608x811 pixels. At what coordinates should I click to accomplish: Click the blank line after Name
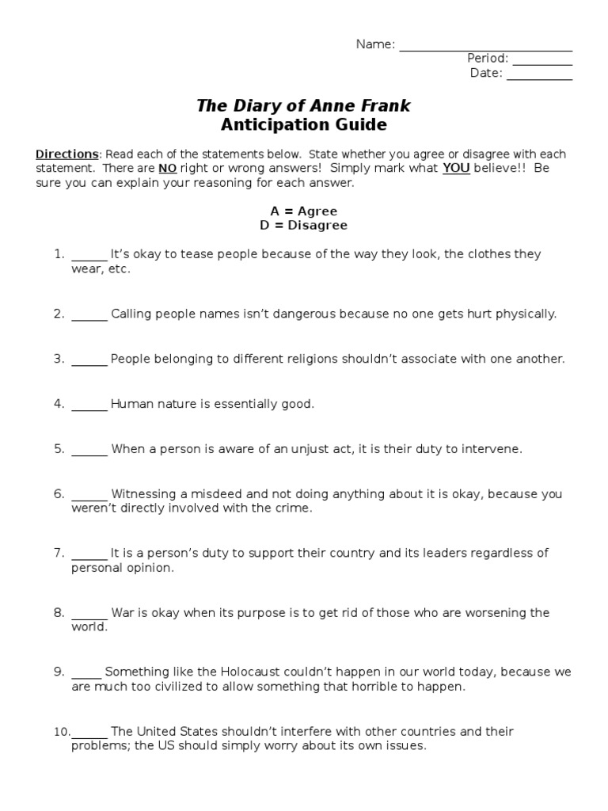tap(485, 48)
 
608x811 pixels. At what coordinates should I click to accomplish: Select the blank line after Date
tap(538, 77)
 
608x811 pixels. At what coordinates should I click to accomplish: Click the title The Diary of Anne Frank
tap(303, 105)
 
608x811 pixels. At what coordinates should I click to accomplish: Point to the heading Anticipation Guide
tap(303, 124)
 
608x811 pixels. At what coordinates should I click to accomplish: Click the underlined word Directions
tap(67, 154)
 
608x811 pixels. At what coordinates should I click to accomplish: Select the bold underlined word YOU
tap(456, 169)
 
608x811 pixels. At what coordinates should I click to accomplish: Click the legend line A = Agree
tap(303, 211)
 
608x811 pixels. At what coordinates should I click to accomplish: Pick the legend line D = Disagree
tap(303, 226)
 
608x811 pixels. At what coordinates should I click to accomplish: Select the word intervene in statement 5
tap(494, 449)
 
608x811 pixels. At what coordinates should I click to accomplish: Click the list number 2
tap(59, 314)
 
